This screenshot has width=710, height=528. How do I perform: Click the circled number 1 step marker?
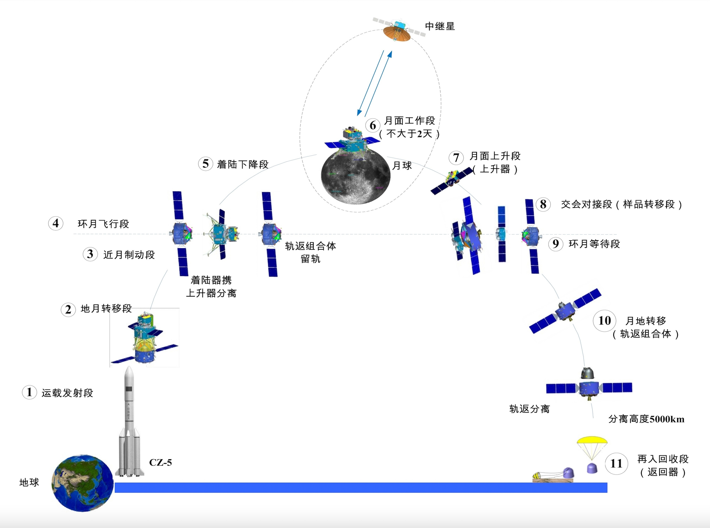tap(29, 392)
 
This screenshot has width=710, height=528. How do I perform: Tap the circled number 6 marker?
tap(373, 125)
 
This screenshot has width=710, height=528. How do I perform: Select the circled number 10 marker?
tap(605, 320)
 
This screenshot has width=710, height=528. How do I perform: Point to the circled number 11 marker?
tap(616, 463)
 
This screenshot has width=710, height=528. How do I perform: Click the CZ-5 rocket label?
tap(161, 462)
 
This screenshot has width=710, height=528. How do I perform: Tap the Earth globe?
tap(83, 483)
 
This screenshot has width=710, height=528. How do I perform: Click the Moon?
tap(355, 177)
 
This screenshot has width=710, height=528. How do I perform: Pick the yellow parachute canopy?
tap(592, 441)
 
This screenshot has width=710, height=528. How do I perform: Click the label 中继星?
tap(440, 26)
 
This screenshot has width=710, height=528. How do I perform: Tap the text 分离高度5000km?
tap(646, 419)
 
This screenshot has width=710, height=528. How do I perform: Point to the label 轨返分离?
tap(530, 409)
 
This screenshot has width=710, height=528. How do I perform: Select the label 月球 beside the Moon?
tap(402, 165)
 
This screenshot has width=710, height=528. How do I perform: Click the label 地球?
tap(29, 482)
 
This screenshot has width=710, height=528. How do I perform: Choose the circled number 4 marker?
tap(56, 223)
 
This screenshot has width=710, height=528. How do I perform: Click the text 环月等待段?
tap(594, 244)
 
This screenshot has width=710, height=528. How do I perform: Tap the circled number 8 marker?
tap(543, 204)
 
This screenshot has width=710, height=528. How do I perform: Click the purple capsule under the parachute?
tap(592, 468)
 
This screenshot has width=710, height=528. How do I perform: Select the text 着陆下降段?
tap(243, 164)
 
